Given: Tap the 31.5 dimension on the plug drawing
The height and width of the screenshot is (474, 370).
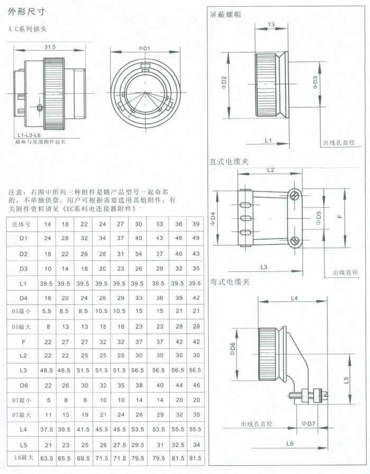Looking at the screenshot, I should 50,47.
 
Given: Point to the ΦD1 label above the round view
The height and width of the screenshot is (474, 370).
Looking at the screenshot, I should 144,48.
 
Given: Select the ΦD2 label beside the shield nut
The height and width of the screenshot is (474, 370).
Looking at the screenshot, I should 224,82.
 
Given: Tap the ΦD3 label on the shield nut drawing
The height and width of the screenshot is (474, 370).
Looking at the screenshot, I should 315,83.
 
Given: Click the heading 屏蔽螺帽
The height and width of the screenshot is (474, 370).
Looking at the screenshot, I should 226,15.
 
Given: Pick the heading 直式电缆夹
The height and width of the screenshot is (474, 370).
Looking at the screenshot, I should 229,162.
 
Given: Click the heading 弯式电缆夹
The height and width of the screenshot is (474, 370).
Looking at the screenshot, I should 229,282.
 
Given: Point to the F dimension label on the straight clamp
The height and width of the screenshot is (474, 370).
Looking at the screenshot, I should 340,216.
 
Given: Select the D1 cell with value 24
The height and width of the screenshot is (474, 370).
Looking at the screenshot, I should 48,239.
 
